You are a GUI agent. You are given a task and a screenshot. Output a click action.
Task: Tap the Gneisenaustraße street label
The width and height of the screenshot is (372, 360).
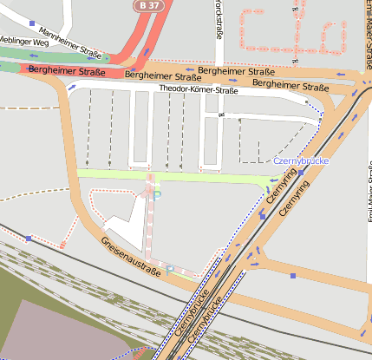click(132, 259)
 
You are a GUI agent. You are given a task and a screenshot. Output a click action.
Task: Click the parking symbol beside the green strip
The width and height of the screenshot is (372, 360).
click(157, 196)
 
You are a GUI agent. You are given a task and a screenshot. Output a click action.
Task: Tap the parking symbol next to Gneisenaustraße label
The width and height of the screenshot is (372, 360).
click(170, 270)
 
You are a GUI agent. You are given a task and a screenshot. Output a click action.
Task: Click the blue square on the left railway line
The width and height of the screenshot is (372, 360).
click(29, 238)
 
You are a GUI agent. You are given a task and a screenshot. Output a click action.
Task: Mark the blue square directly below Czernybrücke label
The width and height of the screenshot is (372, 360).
click(262, 216)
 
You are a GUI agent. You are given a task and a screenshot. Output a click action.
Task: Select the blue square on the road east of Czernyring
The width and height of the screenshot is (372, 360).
click(293, 276)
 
